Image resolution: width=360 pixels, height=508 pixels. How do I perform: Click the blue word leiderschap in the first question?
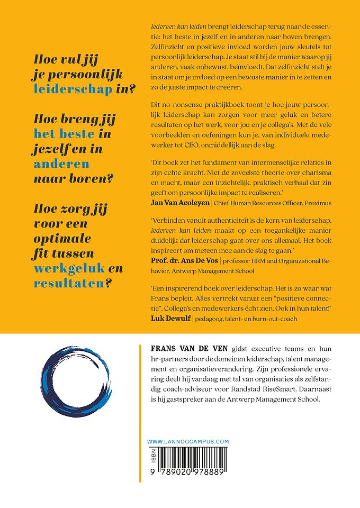[x=73, y=88]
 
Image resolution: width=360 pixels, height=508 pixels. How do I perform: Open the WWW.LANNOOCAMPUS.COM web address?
[x=187, y=441]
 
